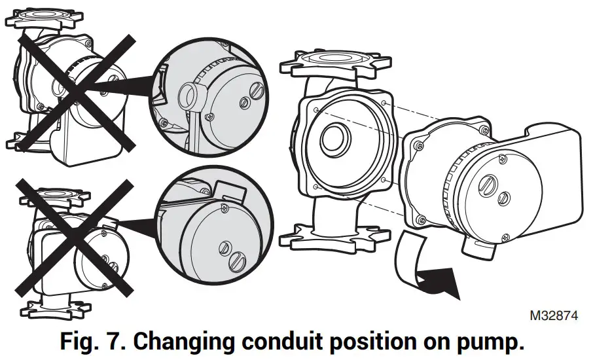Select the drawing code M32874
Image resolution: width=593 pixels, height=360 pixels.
(554, 315)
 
